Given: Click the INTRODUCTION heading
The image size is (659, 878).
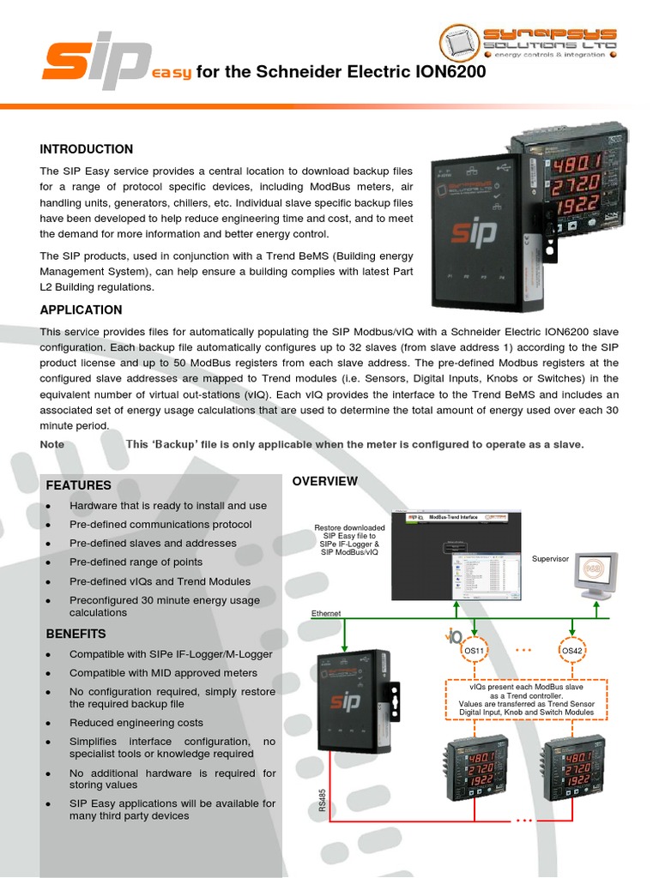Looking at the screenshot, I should (x=87, y=149).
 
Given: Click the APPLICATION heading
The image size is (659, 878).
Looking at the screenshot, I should (x=81, y=310).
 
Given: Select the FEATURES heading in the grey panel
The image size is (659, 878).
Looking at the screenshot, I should (x=79, y=485).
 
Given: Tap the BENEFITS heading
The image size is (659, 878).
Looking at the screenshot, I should (x=76, y=634).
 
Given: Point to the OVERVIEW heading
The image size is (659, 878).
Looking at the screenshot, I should (x=325, y=481).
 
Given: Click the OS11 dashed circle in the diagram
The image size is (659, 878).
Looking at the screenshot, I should (x=475, y=652).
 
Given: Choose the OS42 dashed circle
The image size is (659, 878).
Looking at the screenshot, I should (x=572, y=652).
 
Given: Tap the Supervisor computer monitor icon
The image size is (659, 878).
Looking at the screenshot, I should (x=596, y=575).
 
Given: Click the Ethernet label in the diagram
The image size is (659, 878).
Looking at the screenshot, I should (x=326, y=614).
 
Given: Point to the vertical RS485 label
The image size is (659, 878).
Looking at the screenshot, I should (x=323, y=801).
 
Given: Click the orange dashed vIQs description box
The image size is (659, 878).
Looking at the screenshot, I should (x=526, y=698).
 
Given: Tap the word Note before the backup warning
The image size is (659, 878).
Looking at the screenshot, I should (x=51, y=444).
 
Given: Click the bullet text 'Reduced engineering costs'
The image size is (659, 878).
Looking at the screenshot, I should (x=136, y=723).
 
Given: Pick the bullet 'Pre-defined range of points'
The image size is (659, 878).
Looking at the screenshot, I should (x=136, y=562).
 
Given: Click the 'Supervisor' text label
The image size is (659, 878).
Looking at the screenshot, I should (x=550, y=559).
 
